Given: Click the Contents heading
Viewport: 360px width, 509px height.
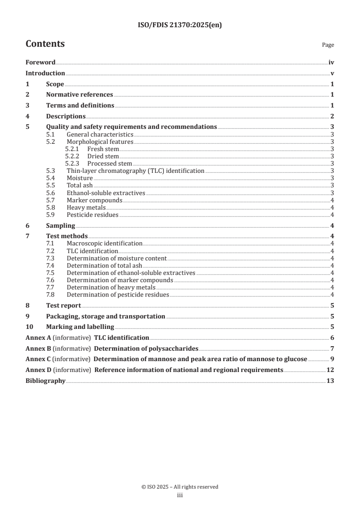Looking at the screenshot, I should point(45,44).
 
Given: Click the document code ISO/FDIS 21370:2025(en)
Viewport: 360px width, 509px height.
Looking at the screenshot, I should point(180,25).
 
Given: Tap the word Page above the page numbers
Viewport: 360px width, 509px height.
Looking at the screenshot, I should point(328,45).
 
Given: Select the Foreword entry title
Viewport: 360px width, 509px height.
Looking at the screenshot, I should point(40,62).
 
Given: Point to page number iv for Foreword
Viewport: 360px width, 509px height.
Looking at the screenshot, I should point(331,62).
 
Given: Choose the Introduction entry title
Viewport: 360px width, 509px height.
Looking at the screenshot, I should point(45,73).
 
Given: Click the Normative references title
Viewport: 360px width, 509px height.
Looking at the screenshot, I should point(79,94).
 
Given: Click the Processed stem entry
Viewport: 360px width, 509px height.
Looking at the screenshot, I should point(109,163).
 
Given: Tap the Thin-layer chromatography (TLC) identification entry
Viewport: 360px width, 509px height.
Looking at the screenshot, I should point(135,171).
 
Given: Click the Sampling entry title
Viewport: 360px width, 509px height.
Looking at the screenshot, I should point(60,225).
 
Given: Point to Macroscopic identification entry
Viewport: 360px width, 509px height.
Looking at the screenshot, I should point(104,244).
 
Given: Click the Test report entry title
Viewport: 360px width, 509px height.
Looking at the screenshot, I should point(64,305).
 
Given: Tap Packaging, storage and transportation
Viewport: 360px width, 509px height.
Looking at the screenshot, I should point(105,316).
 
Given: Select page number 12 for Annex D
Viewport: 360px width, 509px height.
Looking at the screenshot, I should point(330,370).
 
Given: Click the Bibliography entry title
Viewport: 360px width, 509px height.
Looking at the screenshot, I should point(45,381).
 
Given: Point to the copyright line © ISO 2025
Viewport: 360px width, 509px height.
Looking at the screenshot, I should point(180,487).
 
